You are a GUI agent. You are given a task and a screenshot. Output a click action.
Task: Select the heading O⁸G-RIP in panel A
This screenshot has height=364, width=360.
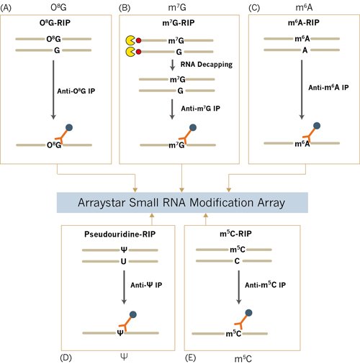coord(55,24)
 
